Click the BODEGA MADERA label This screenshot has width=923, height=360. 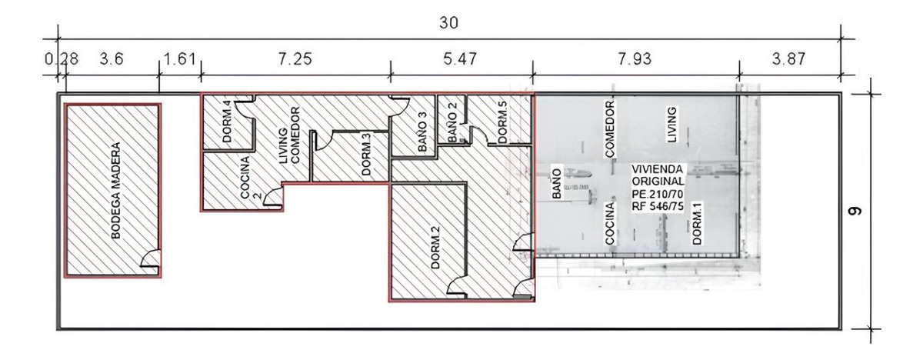pyautogui.click(x=117, y=190)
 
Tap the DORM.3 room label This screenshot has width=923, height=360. pyautogui.click(x=366, y=155)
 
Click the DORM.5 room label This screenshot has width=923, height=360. pyautogui.click(x=502, y=122)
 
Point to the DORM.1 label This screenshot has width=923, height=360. pyautogui.click(x=697, y=223)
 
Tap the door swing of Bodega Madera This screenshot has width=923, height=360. pyautogui.click(x=151, y=262)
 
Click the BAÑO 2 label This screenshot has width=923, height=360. pyautogui.click(x=454, y=122)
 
